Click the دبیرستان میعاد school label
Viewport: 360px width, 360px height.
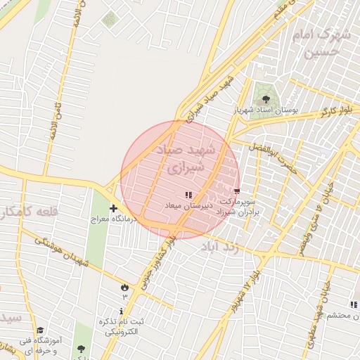click(184, 205)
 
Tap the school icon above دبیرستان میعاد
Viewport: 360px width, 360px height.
click(188, 194)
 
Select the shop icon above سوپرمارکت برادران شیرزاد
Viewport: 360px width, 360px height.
click(236, 190)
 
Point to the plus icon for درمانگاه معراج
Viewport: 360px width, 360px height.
click(114, 208)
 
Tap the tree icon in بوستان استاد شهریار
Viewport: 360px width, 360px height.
click(266, 98)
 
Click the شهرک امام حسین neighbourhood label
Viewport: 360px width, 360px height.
click(323, 42)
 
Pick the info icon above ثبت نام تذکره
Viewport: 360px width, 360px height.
click(122, 311)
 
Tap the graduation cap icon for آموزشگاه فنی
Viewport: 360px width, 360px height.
click(40, 330)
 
